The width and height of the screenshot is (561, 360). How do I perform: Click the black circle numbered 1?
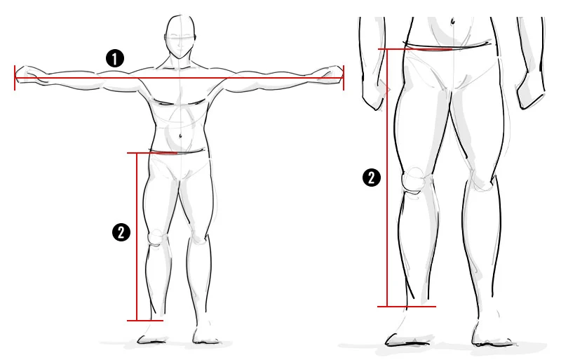tap(115, 58)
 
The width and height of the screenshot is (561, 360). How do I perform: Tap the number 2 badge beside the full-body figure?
tap(121, 232)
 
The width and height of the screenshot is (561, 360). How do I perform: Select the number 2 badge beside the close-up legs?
tap(372, 178)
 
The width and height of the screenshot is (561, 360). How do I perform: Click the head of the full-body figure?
tap(181, 36)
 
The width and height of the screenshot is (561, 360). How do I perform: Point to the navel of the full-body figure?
tap(181, 135)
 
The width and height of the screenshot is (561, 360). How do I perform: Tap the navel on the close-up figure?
tap(453, 22)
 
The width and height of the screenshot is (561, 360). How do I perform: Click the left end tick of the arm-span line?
tap(15, 78)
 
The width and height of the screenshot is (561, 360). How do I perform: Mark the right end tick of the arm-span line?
tap(344, 78)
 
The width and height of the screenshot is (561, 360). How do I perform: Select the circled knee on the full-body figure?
tap(156, 238)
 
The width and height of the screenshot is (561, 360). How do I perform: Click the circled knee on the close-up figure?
tap(413, 180)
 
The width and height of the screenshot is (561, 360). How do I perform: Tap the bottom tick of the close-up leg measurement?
tap(407, 306)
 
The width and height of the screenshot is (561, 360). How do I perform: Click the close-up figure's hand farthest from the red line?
tap(530, 91)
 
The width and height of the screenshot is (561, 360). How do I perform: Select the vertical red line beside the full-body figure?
tap(137, 236)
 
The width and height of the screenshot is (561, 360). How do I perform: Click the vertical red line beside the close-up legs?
tap(387, 178)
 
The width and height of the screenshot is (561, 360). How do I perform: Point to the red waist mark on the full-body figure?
tap(163, 153)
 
